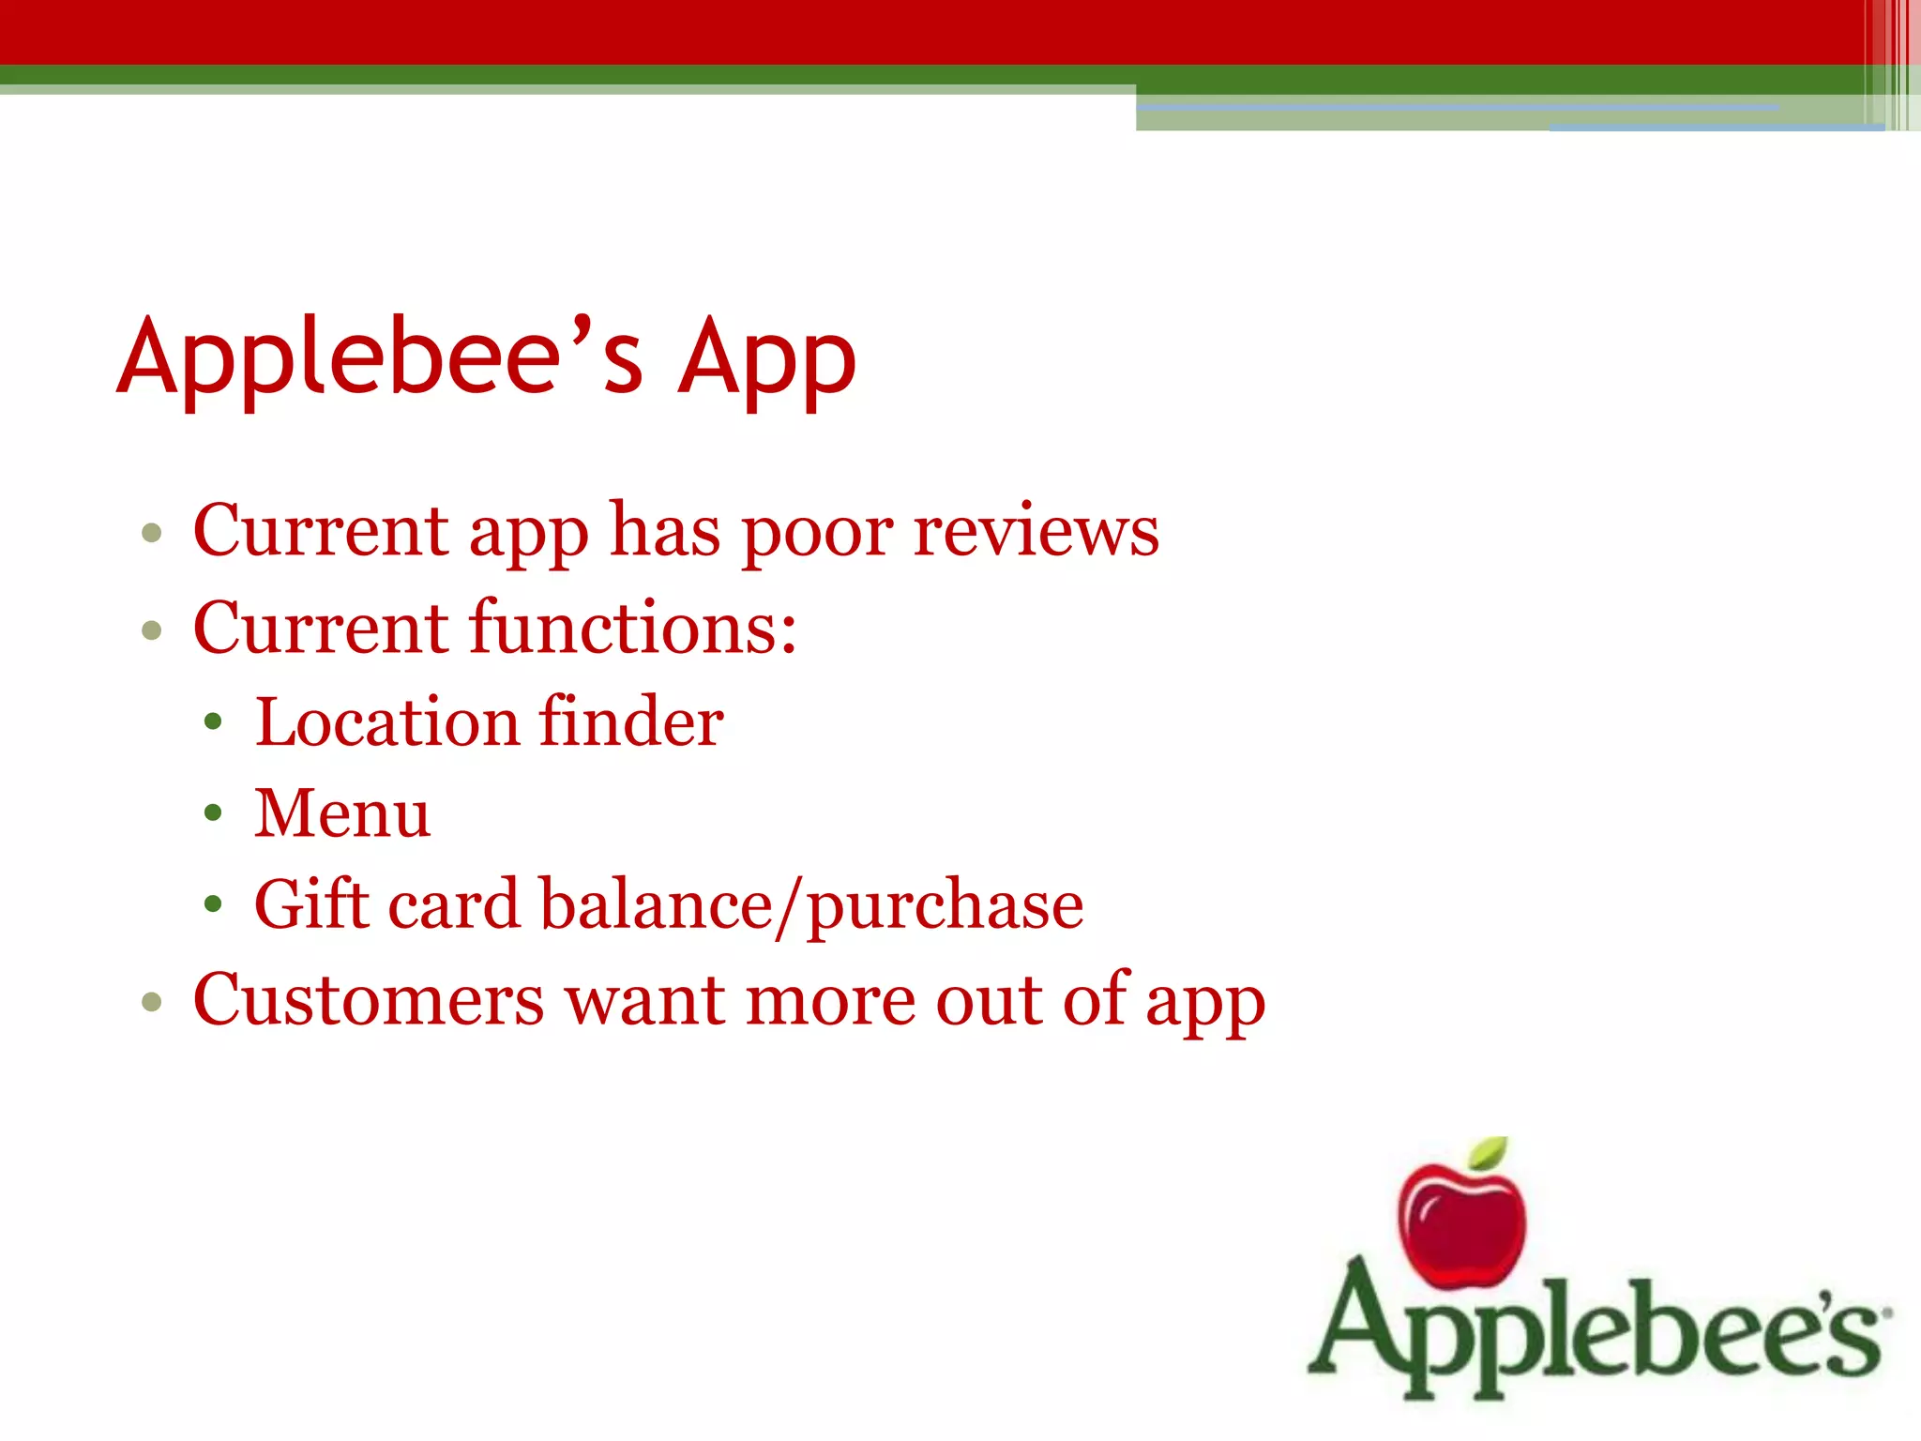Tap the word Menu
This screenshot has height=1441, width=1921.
tap(342, 812)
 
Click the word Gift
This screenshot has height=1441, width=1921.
tap(310, 904)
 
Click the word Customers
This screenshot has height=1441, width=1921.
tap(368, 1000)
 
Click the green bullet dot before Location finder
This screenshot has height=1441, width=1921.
tap(214, 722)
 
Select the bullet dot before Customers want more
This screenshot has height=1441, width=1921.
tap(152, 1003)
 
